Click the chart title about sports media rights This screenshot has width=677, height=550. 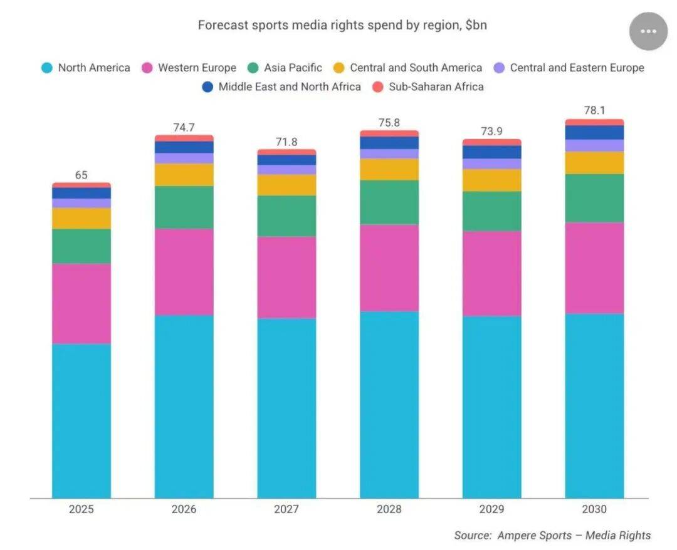pos(342,26)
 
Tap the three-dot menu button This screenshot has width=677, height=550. pos(648,31)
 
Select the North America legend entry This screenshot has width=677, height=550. pos(86,68)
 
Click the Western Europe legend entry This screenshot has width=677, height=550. pos(189,68)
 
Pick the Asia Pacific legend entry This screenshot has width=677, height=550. pos(285,68)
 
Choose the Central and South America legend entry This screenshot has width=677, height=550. pos(407,68)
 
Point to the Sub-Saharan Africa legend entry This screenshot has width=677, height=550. pos(428,87)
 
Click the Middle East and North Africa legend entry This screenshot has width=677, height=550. pos(281,87)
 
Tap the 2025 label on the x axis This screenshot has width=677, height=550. pos(81,509)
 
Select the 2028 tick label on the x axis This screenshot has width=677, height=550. pos(389,509)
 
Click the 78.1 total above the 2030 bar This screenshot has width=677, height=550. pos(594,110)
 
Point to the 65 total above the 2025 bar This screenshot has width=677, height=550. pos(81,175)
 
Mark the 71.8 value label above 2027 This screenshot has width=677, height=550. pos(286,142)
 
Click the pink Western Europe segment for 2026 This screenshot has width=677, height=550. pos(184,271)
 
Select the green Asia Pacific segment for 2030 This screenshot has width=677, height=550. pos(594,198)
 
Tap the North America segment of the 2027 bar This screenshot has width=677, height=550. pos(286,407)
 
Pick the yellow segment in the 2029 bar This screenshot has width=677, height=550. pos(492,180)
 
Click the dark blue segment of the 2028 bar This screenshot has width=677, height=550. pos(389,143)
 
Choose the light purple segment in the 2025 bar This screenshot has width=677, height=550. pos(81,203)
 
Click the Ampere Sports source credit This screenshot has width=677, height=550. pos(552,536)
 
